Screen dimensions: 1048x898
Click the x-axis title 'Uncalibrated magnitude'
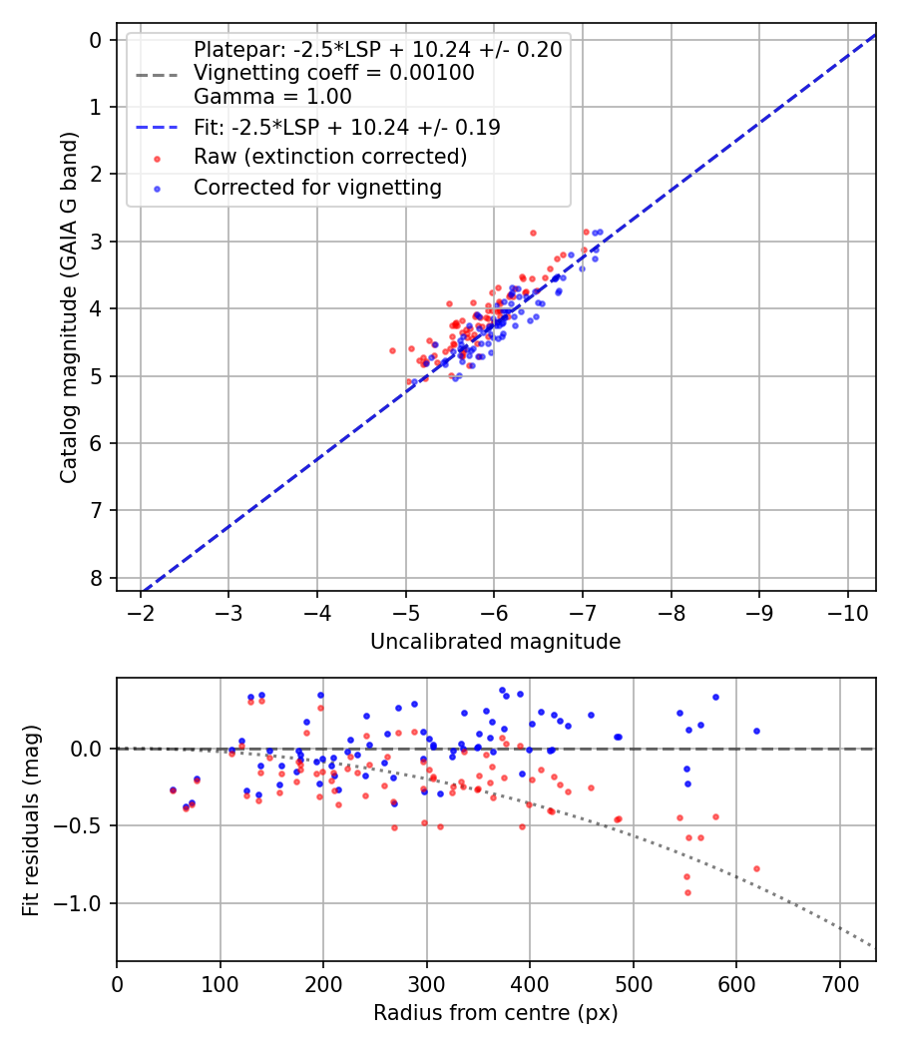click(495, 642)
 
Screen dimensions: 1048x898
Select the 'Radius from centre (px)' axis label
click(495, 1013)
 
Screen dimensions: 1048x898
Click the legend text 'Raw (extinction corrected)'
click(330, 157)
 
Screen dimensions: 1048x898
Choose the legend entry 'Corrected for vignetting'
click(317, 187)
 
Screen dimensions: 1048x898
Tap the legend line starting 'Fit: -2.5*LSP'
click(346, 128)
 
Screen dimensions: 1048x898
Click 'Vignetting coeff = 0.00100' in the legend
click(334, 73)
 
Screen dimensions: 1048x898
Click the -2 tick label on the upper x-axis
click(141, 611)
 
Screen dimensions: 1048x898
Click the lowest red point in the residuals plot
click(687, 892)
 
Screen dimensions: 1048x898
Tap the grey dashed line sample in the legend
click(157, 74)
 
